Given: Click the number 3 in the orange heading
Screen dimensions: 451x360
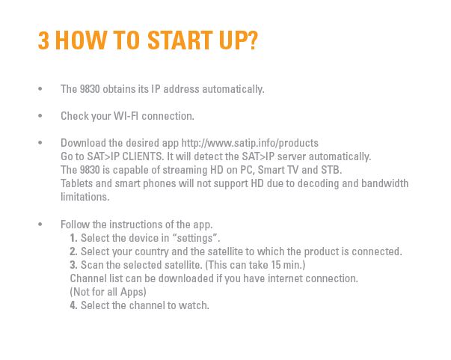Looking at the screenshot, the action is coord(43,40).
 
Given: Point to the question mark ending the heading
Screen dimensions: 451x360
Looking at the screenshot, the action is coord(253,40).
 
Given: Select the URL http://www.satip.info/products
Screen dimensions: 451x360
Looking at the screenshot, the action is coord(250,143).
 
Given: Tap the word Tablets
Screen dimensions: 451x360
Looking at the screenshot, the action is coord(77,183).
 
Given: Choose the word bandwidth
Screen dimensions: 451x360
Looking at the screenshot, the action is coord(385,183).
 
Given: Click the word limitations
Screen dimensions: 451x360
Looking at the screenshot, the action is coord(85,197).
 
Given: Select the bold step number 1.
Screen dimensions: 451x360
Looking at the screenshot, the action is coord(73,238).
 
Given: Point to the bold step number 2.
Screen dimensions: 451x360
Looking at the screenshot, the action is coord(73,251).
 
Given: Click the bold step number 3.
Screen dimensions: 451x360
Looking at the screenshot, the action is coord(73,265).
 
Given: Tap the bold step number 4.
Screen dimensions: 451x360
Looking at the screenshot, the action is coord(73,305).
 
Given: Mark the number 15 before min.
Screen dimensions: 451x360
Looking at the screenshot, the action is coord(276,265).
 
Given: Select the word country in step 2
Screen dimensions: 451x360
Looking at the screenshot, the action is coord(152,252).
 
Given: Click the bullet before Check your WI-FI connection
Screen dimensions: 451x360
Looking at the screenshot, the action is coord(40,116).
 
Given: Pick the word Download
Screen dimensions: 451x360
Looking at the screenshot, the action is coord(83,143).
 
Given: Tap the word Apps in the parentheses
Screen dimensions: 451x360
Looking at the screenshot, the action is coord(132,293).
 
